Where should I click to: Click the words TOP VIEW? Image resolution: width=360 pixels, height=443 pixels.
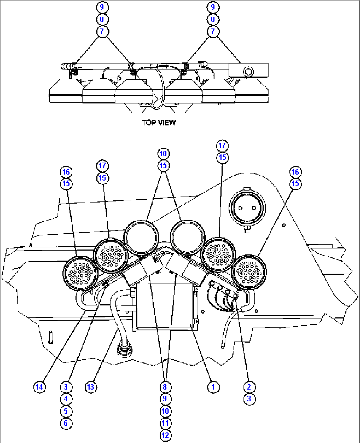159,123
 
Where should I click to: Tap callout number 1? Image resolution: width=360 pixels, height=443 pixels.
213,387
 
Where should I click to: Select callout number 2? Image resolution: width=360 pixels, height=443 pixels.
249,387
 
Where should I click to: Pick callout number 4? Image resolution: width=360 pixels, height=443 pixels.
66,399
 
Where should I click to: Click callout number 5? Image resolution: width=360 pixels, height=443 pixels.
66,411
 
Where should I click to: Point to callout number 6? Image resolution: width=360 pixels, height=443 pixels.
66,423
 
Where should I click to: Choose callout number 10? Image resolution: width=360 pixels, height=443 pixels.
165,411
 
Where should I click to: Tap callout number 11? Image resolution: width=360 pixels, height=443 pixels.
165,423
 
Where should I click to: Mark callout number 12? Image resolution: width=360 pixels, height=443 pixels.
165,435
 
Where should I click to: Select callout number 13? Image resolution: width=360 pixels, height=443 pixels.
91,387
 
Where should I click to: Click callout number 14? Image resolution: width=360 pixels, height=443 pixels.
39,387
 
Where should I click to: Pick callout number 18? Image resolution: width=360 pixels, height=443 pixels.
163,154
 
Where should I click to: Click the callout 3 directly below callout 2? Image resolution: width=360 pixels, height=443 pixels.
249,399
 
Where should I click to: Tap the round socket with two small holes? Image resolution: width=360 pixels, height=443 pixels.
247,208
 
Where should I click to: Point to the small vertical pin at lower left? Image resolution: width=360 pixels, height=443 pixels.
50,337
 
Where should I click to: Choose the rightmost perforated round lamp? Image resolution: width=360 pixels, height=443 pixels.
249,272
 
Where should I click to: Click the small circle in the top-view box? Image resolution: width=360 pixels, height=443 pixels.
248,72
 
